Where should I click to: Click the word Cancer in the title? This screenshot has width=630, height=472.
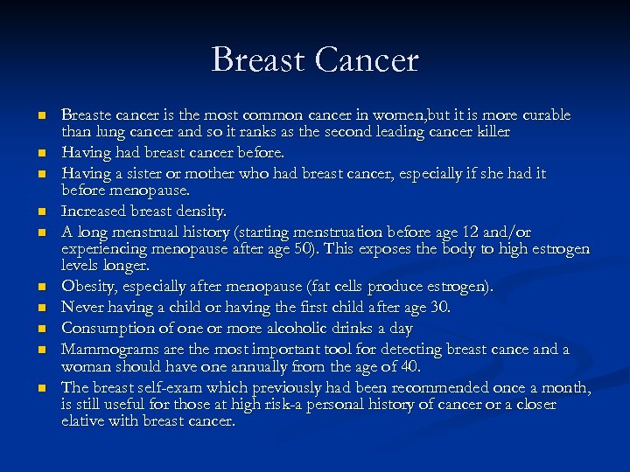click(368, 60)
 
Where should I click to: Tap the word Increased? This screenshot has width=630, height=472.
click(94, 212)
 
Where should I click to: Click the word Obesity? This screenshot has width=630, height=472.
click(87, 287)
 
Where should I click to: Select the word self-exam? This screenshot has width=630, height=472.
click(170, 387)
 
